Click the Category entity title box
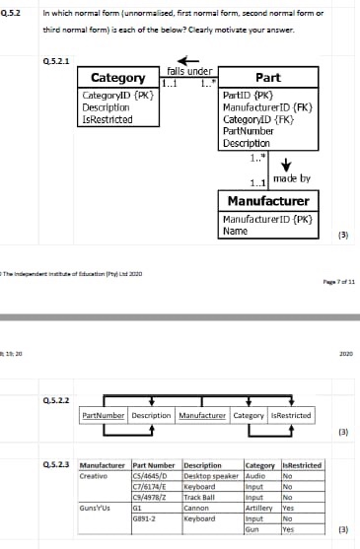(118, 79)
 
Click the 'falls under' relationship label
(188, 71)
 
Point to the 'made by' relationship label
(290, 178)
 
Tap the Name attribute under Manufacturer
(236, 231)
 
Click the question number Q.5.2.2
(56, 399)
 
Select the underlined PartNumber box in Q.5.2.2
(104, 416)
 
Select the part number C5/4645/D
(149, 475)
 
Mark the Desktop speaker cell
(211, 475)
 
